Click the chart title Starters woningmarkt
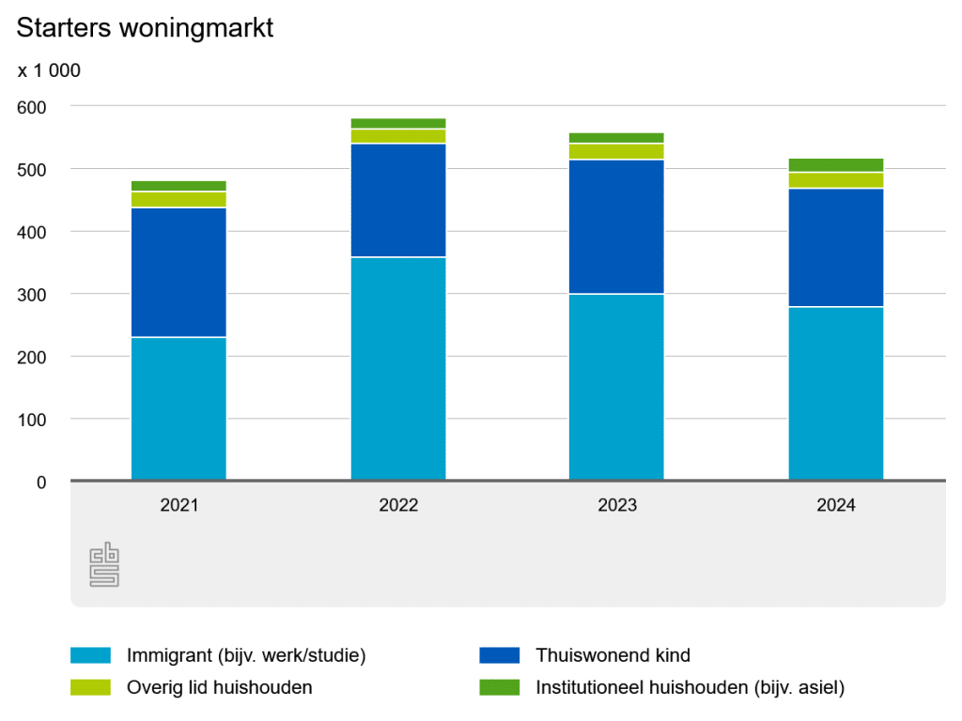145,28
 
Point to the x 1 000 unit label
49,70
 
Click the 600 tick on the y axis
32,107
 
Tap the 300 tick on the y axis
32,295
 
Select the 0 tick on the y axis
41,483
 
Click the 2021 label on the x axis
178,505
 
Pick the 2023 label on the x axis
616,505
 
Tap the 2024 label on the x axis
835,505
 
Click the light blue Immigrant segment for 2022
398,368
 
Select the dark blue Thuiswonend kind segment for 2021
178,272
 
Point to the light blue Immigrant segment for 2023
616,387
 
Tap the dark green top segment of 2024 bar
835,165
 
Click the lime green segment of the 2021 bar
178,199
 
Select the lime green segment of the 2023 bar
616,151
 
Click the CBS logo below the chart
104,564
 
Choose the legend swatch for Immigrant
90,655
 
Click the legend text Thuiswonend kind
613,655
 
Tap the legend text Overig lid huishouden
219,687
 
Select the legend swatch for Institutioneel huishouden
499,687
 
